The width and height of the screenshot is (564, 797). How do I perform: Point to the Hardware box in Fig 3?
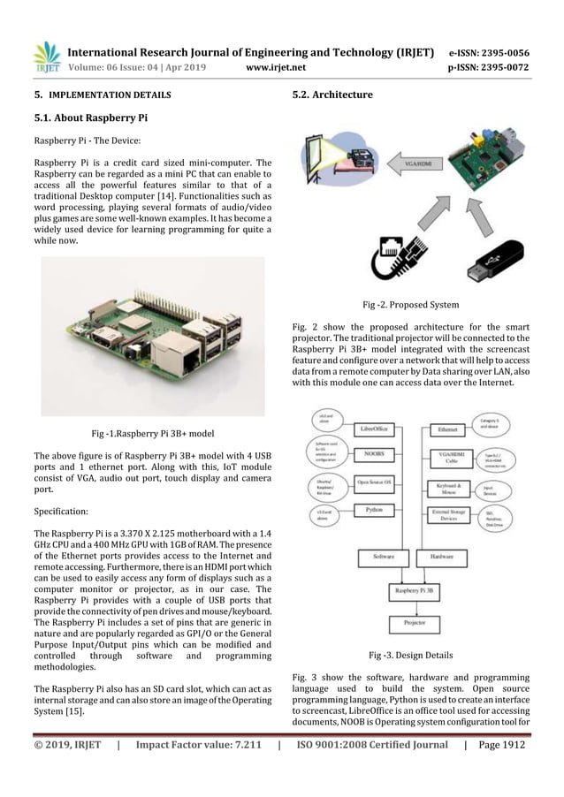point(446,558)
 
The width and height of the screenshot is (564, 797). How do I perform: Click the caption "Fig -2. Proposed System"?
point(410,305)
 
